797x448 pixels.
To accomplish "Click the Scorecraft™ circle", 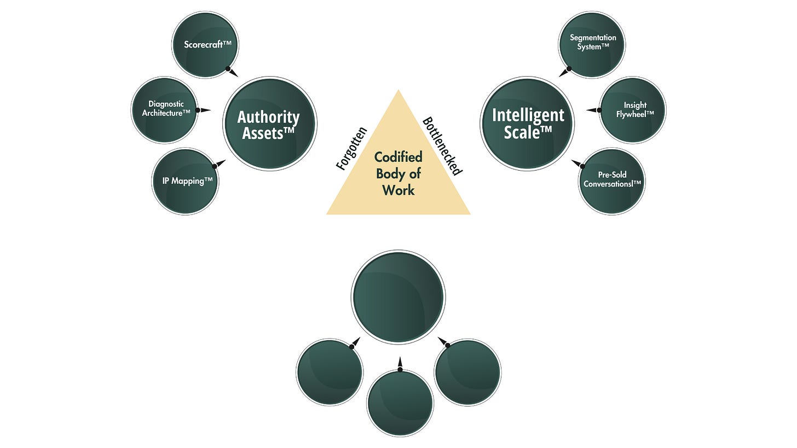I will (205, 44).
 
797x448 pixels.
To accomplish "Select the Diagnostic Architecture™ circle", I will (165, 109).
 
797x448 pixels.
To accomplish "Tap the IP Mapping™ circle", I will (185, 181).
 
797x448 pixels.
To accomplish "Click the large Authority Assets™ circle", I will (269, 124).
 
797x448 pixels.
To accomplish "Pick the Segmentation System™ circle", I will (592, 44).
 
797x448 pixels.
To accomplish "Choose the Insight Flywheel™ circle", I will (633, 109).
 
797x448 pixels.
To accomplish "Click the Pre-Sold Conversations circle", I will (612, 181).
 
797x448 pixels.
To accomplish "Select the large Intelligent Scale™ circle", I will (527, 124).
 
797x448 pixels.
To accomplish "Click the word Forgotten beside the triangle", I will (351, 149).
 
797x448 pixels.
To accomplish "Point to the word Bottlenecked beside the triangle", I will (443, 146).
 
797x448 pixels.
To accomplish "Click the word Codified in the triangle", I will (399, 158).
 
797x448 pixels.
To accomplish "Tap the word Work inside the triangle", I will (399, 190).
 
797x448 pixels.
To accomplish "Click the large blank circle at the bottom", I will (398, 297).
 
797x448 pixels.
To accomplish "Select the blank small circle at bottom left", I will (330, 372).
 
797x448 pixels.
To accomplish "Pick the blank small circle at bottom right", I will (467, 372).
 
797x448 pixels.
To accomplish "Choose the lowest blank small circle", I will (400, 403).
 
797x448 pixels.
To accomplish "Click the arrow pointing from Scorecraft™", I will (233, 72).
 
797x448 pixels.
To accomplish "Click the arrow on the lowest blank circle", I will (400, 364).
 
